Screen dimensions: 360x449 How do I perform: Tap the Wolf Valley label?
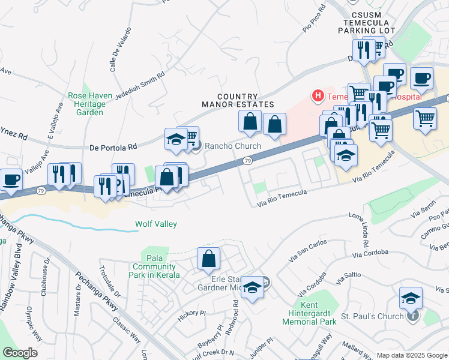tap(155, 224)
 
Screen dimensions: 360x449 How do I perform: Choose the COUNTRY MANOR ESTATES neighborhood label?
tap(237, 100)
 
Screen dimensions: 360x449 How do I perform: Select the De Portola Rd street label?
tap(113, 146)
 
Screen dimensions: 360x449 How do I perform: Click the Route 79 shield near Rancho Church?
tap(247, 161)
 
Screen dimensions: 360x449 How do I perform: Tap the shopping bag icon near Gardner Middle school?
tap(208, 259)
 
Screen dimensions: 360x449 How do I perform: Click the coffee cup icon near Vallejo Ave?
tap(10, 179)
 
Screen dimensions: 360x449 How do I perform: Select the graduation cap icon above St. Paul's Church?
tap(411, 298)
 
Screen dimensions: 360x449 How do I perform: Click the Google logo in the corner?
tap(20, 353)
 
